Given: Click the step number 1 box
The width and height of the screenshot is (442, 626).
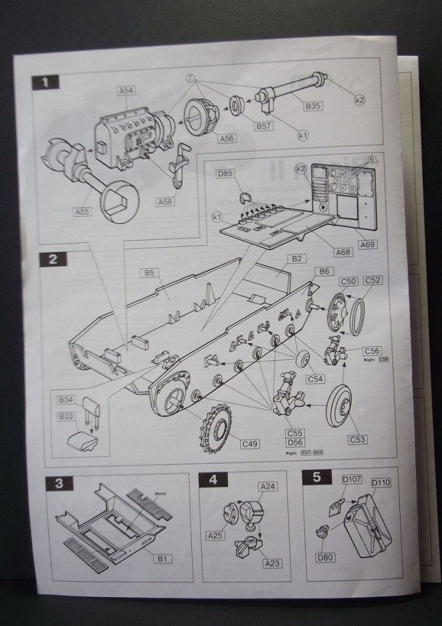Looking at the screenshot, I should (46, 82).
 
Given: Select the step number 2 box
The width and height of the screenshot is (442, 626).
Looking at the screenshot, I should (53, 260).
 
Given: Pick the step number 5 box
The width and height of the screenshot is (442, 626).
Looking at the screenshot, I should (317, 477).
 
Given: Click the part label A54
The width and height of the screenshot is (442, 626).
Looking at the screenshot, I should (126, 90).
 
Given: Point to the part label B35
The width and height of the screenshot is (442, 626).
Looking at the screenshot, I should (314, 107).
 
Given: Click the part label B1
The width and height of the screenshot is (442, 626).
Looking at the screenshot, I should (164, 558).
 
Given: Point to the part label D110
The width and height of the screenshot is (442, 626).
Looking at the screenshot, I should (381, 482).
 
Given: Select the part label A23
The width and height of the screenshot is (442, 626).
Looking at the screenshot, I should (273, 563).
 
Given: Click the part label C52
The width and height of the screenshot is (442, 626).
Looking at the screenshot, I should (373, 280).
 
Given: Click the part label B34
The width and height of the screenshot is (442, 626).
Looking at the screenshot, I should (66, 400).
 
